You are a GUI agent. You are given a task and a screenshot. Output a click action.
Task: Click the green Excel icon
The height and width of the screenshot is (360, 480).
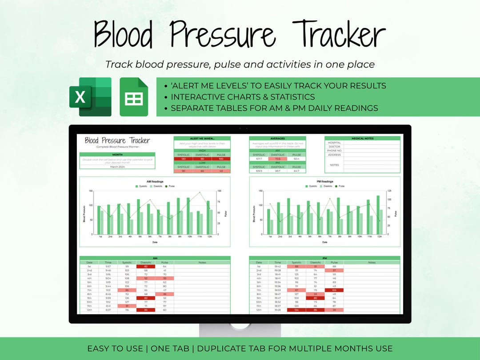pos(90,96)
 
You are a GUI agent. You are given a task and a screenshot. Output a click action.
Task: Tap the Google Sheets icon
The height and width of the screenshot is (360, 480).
pos(134,97)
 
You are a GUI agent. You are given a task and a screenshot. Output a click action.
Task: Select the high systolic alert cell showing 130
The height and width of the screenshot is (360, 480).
pos(183,159)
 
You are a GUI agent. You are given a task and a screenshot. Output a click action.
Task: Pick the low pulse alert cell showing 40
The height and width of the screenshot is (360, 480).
pos(220,171)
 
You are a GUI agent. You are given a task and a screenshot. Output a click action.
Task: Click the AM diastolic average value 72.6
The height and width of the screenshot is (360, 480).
pos(278,159)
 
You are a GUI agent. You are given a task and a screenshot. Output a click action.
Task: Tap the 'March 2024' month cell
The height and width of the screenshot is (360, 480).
pos(117,167)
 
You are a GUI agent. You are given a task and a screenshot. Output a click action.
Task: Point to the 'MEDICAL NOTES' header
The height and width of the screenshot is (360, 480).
pos(362,138)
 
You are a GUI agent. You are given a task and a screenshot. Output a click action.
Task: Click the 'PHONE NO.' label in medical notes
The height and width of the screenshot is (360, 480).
pos(334,151)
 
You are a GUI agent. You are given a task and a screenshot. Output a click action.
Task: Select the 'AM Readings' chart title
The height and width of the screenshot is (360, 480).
pos(155,181)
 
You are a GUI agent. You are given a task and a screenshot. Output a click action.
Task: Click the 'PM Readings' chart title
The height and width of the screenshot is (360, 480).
pos(324,181)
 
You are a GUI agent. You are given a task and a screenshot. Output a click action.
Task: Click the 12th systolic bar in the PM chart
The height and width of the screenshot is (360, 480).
pos(378,215)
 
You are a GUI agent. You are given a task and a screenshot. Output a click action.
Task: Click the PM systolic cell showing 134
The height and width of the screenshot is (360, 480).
pos(296,310)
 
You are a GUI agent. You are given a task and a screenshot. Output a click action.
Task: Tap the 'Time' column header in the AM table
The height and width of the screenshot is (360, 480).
pos(108,263)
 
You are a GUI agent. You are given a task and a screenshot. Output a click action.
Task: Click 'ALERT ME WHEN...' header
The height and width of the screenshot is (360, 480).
pos(202,138)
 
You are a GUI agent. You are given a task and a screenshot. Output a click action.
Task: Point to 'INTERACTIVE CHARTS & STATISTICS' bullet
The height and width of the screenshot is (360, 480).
pos(243,97)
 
